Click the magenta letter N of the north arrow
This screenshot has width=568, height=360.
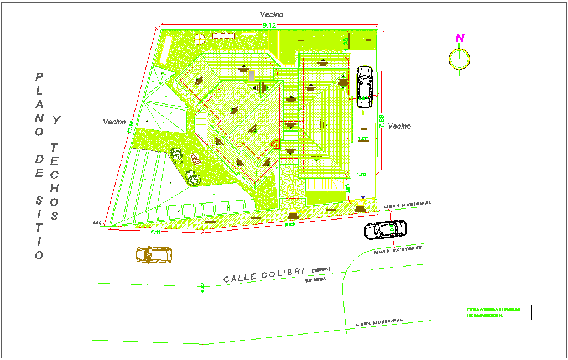460,38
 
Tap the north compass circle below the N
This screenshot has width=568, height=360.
460,59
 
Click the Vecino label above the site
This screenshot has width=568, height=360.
272,15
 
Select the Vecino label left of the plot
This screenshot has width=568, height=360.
114,122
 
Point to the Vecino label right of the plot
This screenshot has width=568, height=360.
399,126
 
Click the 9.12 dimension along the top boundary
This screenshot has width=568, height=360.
269,26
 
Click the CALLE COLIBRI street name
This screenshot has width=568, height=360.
264,274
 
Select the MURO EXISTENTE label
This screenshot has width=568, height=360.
397,250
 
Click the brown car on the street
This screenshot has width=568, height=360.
153,254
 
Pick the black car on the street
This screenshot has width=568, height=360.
385,229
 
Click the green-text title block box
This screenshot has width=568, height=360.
498,312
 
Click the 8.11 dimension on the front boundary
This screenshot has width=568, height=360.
156,232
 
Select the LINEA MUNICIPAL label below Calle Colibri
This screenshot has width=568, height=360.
378,322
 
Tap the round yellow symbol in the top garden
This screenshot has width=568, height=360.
200,38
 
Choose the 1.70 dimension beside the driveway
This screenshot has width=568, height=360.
361,174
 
